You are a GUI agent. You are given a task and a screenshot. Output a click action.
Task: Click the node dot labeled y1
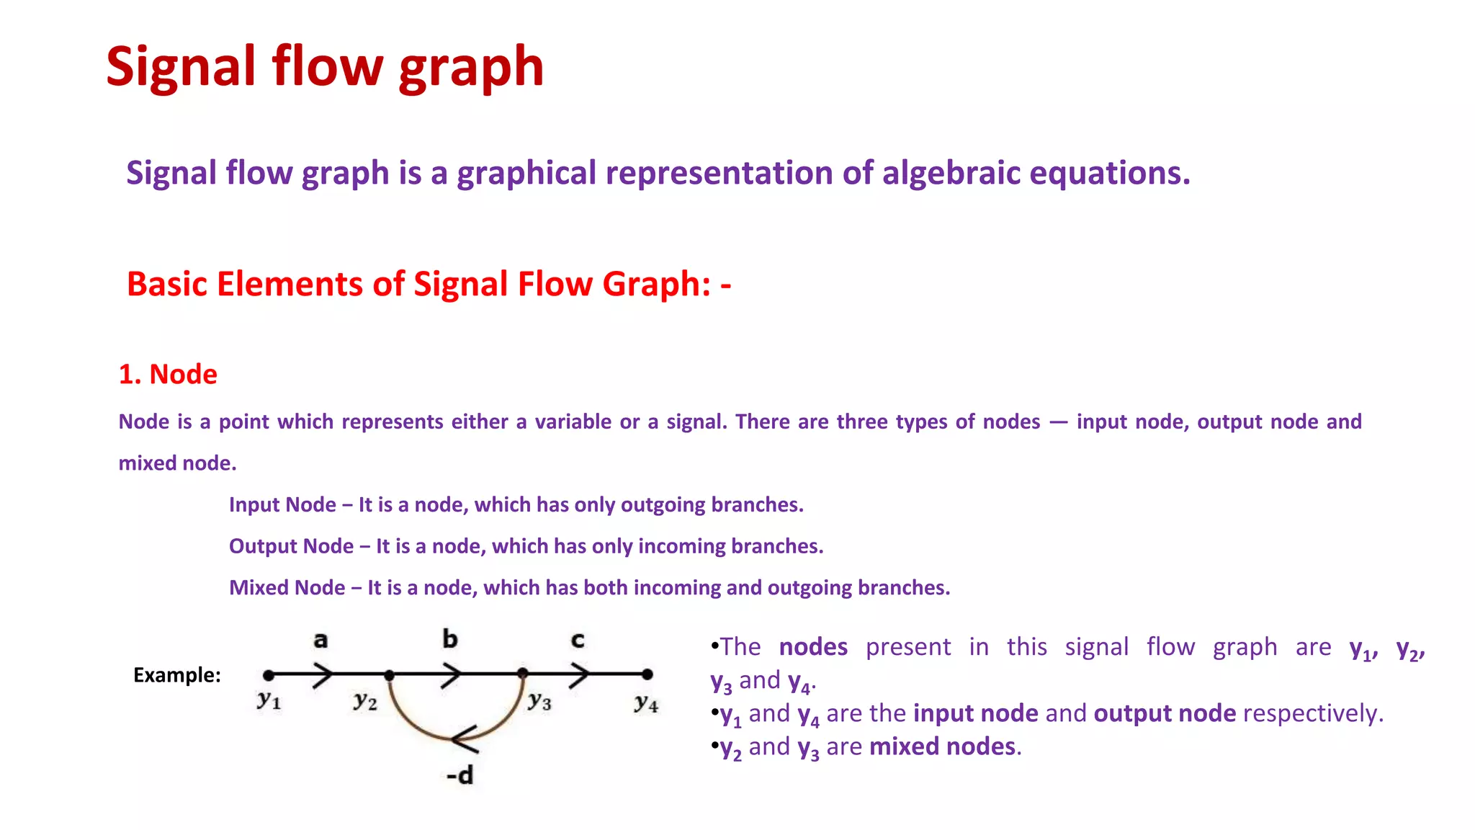pyautogui.click(x=269, y=675)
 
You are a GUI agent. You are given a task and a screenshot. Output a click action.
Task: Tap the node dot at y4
pyautogui.click(x=647, y=674)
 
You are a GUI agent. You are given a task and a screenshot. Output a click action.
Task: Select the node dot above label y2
pyautogui.click(x=389, y=675)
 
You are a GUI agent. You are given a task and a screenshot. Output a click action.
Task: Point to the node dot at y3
pyautogui.click(x=523, y=674)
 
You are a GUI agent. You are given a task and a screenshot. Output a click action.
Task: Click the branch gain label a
pyautogui.click(x=320, y=640)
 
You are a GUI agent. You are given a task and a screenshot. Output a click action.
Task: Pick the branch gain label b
pyautogui.click(x=450, y=639)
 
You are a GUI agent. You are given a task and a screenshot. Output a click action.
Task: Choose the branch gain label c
pyautogui.click(x=578, y=640)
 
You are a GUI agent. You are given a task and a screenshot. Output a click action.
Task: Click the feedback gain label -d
pyautogui.click(x=460, y=776)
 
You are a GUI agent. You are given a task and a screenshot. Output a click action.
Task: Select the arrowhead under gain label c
pyautogui.click(x=579, y=675)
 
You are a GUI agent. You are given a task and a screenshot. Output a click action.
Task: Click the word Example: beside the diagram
pyautogui.click(x=177, y=675)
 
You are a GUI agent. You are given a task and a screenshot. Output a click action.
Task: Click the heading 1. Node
pyautogui.click(x=168, y=375)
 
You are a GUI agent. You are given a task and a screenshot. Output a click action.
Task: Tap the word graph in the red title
pyautogui.click(x=471, y=68)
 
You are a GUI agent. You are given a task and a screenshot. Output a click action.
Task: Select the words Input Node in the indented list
pyautogui.click(x=282, y=504)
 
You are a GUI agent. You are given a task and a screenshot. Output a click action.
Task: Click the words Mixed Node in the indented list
pyautogui.click(x=287, y=588)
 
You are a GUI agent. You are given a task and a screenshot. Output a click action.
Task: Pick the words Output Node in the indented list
pyautogui.click(x=291, y=546)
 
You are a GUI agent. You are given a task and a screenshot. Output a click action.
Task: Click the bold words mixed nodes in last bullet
pyautogui.click(x=943, y=746)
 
